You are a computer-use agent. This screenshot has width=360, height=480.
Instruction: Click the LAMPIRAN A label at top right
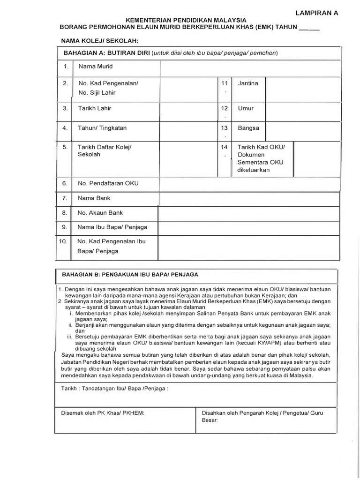pos(316,13)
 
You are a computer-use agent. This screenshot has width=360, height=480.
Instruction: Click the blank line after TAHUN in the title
pos(309,28)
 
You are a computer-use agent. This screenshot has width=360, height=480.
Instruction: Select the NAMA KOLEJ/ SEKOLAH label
pos(97,41)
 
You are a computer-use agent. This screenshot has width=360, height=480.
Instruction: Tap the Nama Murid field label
pos(96,67)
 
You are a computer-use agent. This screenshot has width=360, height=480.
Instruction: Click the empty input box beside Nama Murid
pos(249,67)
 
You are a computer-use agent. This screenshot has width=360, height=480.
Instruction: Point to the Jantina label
pos(247,83)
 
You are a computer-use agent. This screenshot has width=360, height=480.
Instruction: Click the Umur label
pos(246,108)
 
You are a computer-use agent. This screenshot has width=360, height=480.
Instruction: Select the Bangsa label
pos(248,127)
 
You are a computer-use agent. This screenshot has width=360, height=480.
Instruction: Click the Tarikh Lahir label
pos(95,108)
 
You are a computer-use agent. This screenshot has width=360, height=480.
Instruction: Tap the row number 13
pos(224,127)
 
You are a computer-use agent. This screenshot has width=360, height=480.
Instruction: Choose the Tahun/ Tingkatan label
pos(102,127)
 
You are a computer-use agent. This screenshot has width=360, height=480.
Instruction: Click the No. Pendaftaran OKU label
pos(108,183)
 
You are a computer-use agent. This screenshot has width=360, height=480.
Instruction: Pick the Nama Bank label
pos(94,198)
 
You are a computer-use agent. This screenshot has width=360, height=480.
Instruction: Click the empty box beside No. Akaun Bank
pos(249,213)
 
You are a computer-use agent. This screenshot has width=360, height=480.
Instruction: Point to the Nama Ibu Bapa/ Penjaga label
pos(112,227)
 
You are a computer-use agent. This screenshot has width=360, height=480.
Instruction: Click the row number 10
pos(63,241)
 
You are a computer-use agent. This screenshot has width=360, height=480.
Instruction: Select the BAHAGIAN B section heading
pos(130,274)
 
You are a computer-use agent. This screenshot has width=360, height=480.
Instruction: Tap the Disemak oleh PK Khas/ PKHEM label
pos(103,412)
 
